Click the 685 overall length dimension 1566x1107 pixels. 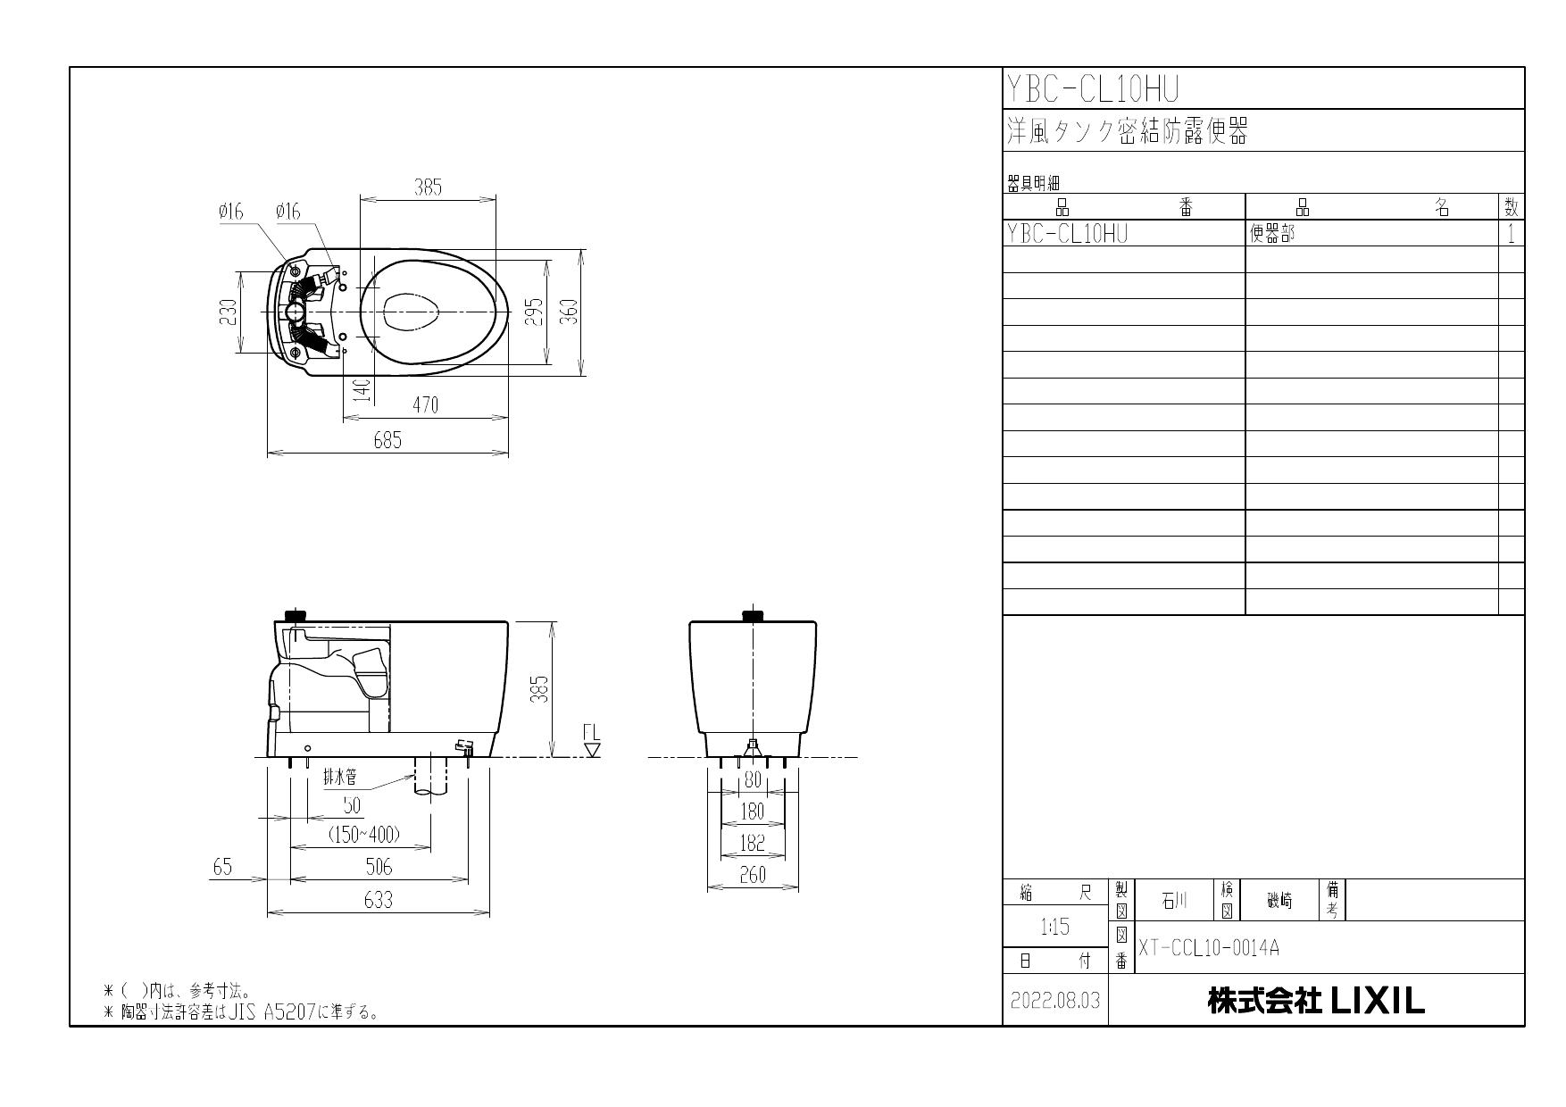387,440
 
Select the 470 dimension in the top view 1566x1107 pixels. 426,404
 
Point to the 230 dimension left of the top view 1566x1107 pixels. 229,312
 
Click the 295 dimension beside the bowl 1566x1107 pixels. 535,312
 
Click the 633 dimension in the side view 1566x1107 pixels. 378,900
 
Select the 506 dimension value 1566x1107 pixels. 379,866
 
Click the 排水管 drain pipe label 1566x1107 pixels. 340,778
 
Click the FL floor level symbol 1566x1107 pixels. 591,740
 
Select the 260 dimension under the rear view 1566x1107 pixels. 753,876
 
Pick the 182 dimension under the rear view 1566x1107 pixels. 753,843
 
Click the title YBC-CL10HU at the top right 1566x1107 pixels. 1093,88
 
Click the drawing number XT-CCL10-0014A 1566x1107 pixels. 1209,948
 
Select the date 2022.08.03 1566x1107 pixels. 1054,1001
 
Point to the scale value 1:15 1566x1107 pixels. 1054,927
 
